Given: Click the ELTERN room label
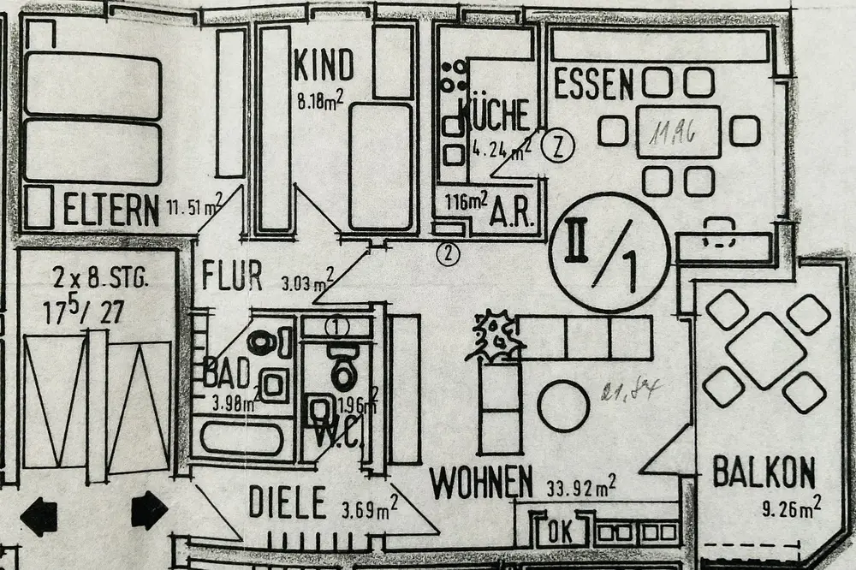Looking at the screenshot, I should click(x=111, y=210).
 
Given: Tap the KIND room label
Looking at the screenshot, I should click(x=324, y=64).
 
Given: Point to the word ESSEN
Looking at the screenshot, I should click(x=593, y=85).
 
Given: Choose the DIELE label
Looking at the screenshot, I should click(x=288, y=502).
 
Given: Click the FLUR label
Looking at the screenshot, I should click(x=232, y=276).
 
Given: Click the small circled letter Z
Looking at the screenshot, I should click(x=557, y=145).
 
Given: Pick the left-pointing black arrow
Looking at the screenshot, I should click(x=39, y=516).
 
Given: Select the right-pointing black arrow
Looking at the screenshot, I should click(x=149, y=510).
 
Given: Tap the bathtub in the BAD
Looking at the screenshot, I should click(x=241, y=438).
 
